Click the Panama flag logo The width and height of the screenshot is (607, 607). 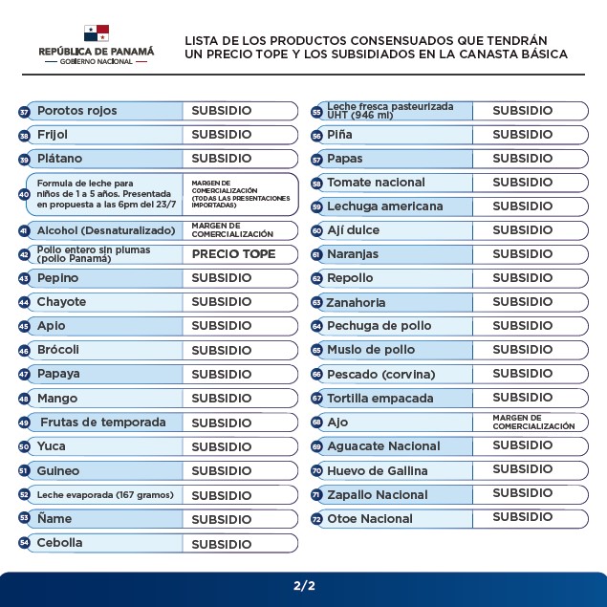(x=96, y=33)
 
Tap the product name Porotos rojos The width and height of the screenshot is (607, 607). (x=76, y=111)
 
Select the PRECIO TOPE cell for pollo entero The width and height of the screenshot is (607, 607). (x=233, y=254)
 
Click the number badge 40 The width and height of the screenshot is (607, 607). (x=24, y=194)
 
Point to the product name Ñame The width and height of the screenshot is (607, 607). (x=54, y=518)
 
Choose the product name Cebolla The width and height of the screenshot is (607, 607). (x=59, y=543)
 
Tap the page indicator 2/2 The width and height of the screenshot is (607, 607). (x=304, y=585)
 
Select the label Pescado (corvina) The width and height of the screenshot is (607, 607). (x=380, y=374)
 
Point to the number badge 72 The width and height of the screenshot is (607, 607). (x=316, y=519)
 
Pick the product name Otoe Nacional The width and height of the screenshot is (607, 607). (x=370, y=519)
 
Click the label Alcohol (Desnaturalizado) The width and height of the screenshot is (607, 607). (x=106, y=230)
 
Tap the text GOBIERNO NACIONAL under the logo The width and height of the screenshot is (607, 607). (x=96, y=61)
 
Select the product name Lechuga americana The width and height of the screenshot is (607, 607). (x=384, y=206)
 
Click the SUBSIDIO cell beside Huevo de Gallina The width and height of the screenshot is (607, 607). (x=522, y=469)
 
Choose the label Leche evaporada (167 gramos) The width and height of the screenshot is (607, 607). (x=105, y=495)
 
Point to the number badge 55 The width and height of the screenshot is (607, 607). (x=316, y=112)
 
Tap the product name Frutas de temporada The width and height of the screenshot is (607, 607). (x=102, y=423)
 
